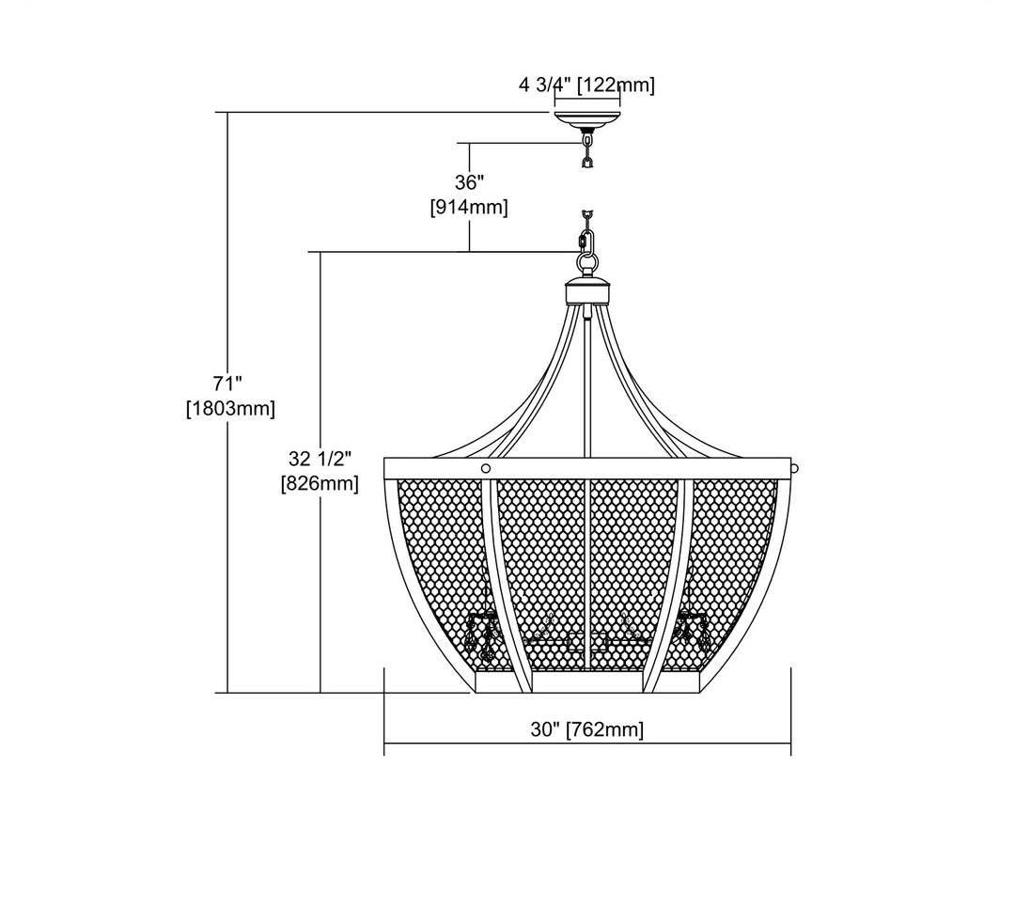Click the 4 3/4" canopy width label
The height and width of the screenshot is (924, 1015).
point(545,86)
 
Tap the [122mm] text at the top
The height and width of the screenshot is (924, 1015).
point(616,86)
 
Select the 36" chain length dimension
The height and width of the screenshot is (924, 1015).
point(469,181)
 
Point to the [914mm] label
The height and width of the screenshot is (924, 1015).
point(469,207)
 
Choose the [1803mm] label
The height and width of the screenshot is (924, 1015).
point(230,408)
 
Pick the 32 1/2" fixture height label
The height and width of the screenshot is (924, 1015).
point(320,460)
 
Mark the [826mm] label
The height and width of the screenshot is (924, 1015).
point(320,484)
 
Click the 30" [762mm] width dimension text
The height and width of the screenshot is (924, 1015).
point(586,729)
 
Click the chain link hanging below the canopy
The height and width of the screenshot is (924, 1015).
point(588,148)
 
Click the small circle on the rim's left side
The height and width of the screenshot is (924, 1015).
point(486,468)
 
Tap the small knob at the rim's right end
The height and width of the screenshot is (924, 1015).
point(794,467)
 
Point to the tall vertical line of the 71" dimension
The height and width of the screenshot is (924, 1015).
point(228,564)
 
